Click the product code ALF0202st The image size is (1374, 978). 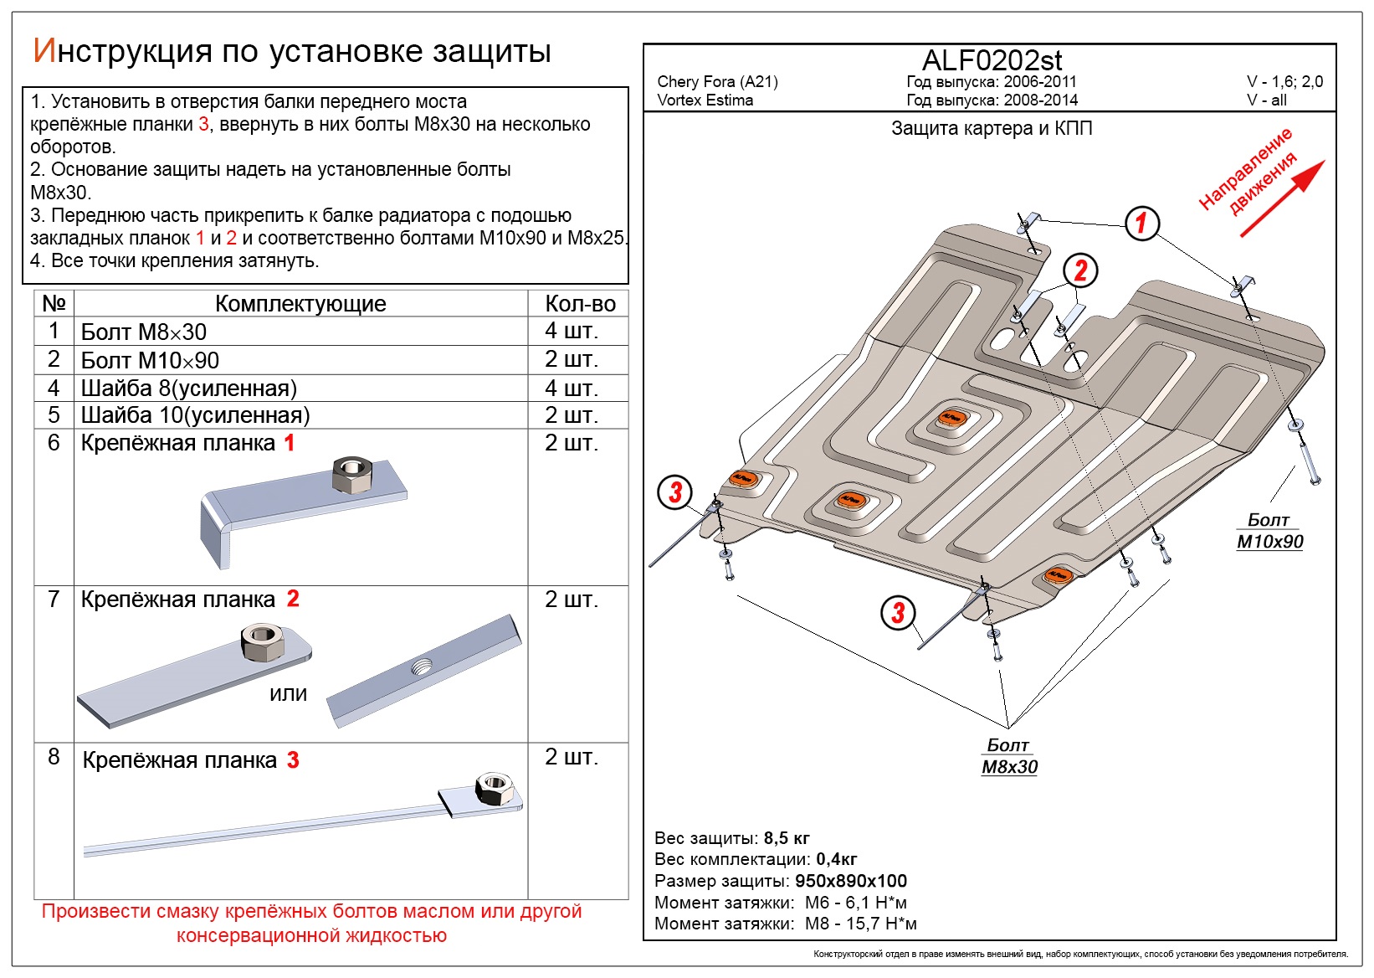click(x=992, y=60)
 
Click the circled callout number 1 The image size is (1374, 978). click(x=1141, y=223)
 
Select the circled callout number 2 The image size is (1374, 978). click(x=1080, y=270)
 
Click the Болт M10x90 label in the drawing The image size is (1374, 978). click(x=1269, y=531)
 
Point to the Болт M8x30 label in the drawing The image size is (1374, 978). click(x=1009, y=756)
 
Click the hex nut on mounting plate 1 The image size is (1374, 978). click(x=351, y=475)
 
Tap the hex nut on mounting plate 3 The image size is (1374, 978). click(x=493, y=788)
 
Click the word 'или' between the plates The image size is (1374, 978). click(x=289, y=694)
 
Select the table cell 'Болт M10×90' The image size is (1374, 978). click(x=151, y=361)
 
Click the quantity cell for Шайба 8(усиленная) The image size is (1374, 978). click(x=572, y=389)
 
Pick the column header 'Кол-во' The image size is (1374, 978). click(x=580, y=304)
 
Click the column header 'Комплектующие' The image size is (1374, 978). click(x=300, y=304)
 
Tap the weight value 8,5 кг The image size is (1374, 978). click(x=787, y=838)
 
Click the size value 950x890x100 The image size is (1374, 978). click(x=851, y=881)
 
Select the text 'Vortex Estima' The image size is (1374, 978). click(x=705, y=100)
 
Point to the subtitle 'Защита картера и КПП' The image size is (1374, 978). click(x=992, y=129)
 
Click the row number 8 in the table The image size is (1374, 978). click(x=54, y=757)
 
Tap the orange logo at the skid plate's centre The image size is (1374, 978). click(x=950, y=418)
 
